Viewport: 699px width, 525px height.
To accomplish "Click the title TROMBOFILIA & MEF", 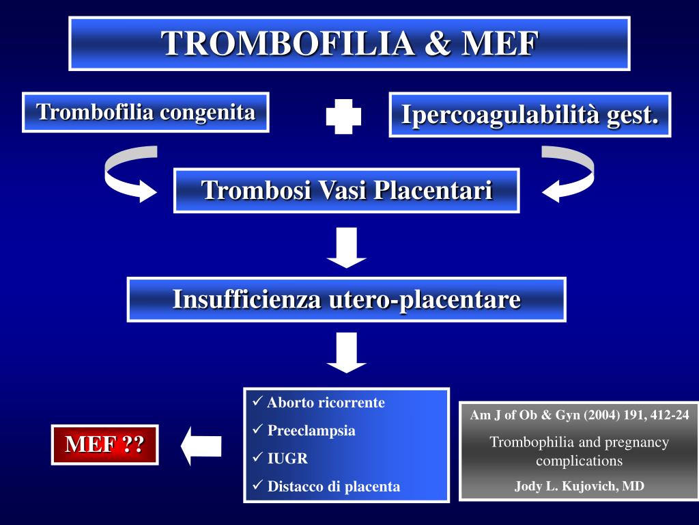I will (349, 43).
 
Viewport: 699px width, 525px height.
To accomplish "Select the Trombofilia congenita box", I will (145, 112).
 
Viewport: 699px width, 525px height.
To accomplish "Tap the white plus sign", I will (343, 116).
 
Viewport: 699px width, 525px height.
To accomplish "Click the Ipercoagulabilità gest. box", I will (530, 114).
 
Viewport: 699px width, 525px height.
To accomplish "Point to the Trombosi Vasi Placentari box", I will (347, 190).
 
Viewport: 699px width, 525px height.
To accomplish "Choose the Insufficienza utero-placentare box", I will (347, 299).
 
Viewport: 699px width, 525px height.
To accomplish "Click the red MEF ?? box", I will (105, 444).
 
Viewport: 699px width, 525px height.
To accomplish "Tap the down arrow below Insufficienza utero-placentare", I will (347, 353).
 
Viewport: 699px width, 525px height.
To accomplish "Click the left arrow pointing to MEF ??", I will (201, 446).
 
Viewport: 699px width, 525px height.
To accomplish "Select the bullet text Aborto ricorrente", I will (326, 403).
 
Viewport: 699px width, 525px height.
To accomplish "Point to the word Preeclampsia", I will (311, 431).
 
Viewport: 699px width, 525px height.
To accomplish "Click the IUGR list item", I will (287, 459).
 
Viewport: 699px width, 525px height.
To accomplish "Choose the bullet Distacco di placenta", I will (334, 487).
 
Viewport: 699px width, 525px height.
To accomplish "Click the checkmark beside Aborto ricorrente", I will (257, 401).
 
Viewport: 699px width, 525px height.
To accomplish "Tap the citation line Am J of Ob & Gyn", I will (579, 415).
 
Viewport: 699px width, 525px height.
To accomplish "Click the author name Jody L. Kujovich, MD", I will (579, 486).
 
